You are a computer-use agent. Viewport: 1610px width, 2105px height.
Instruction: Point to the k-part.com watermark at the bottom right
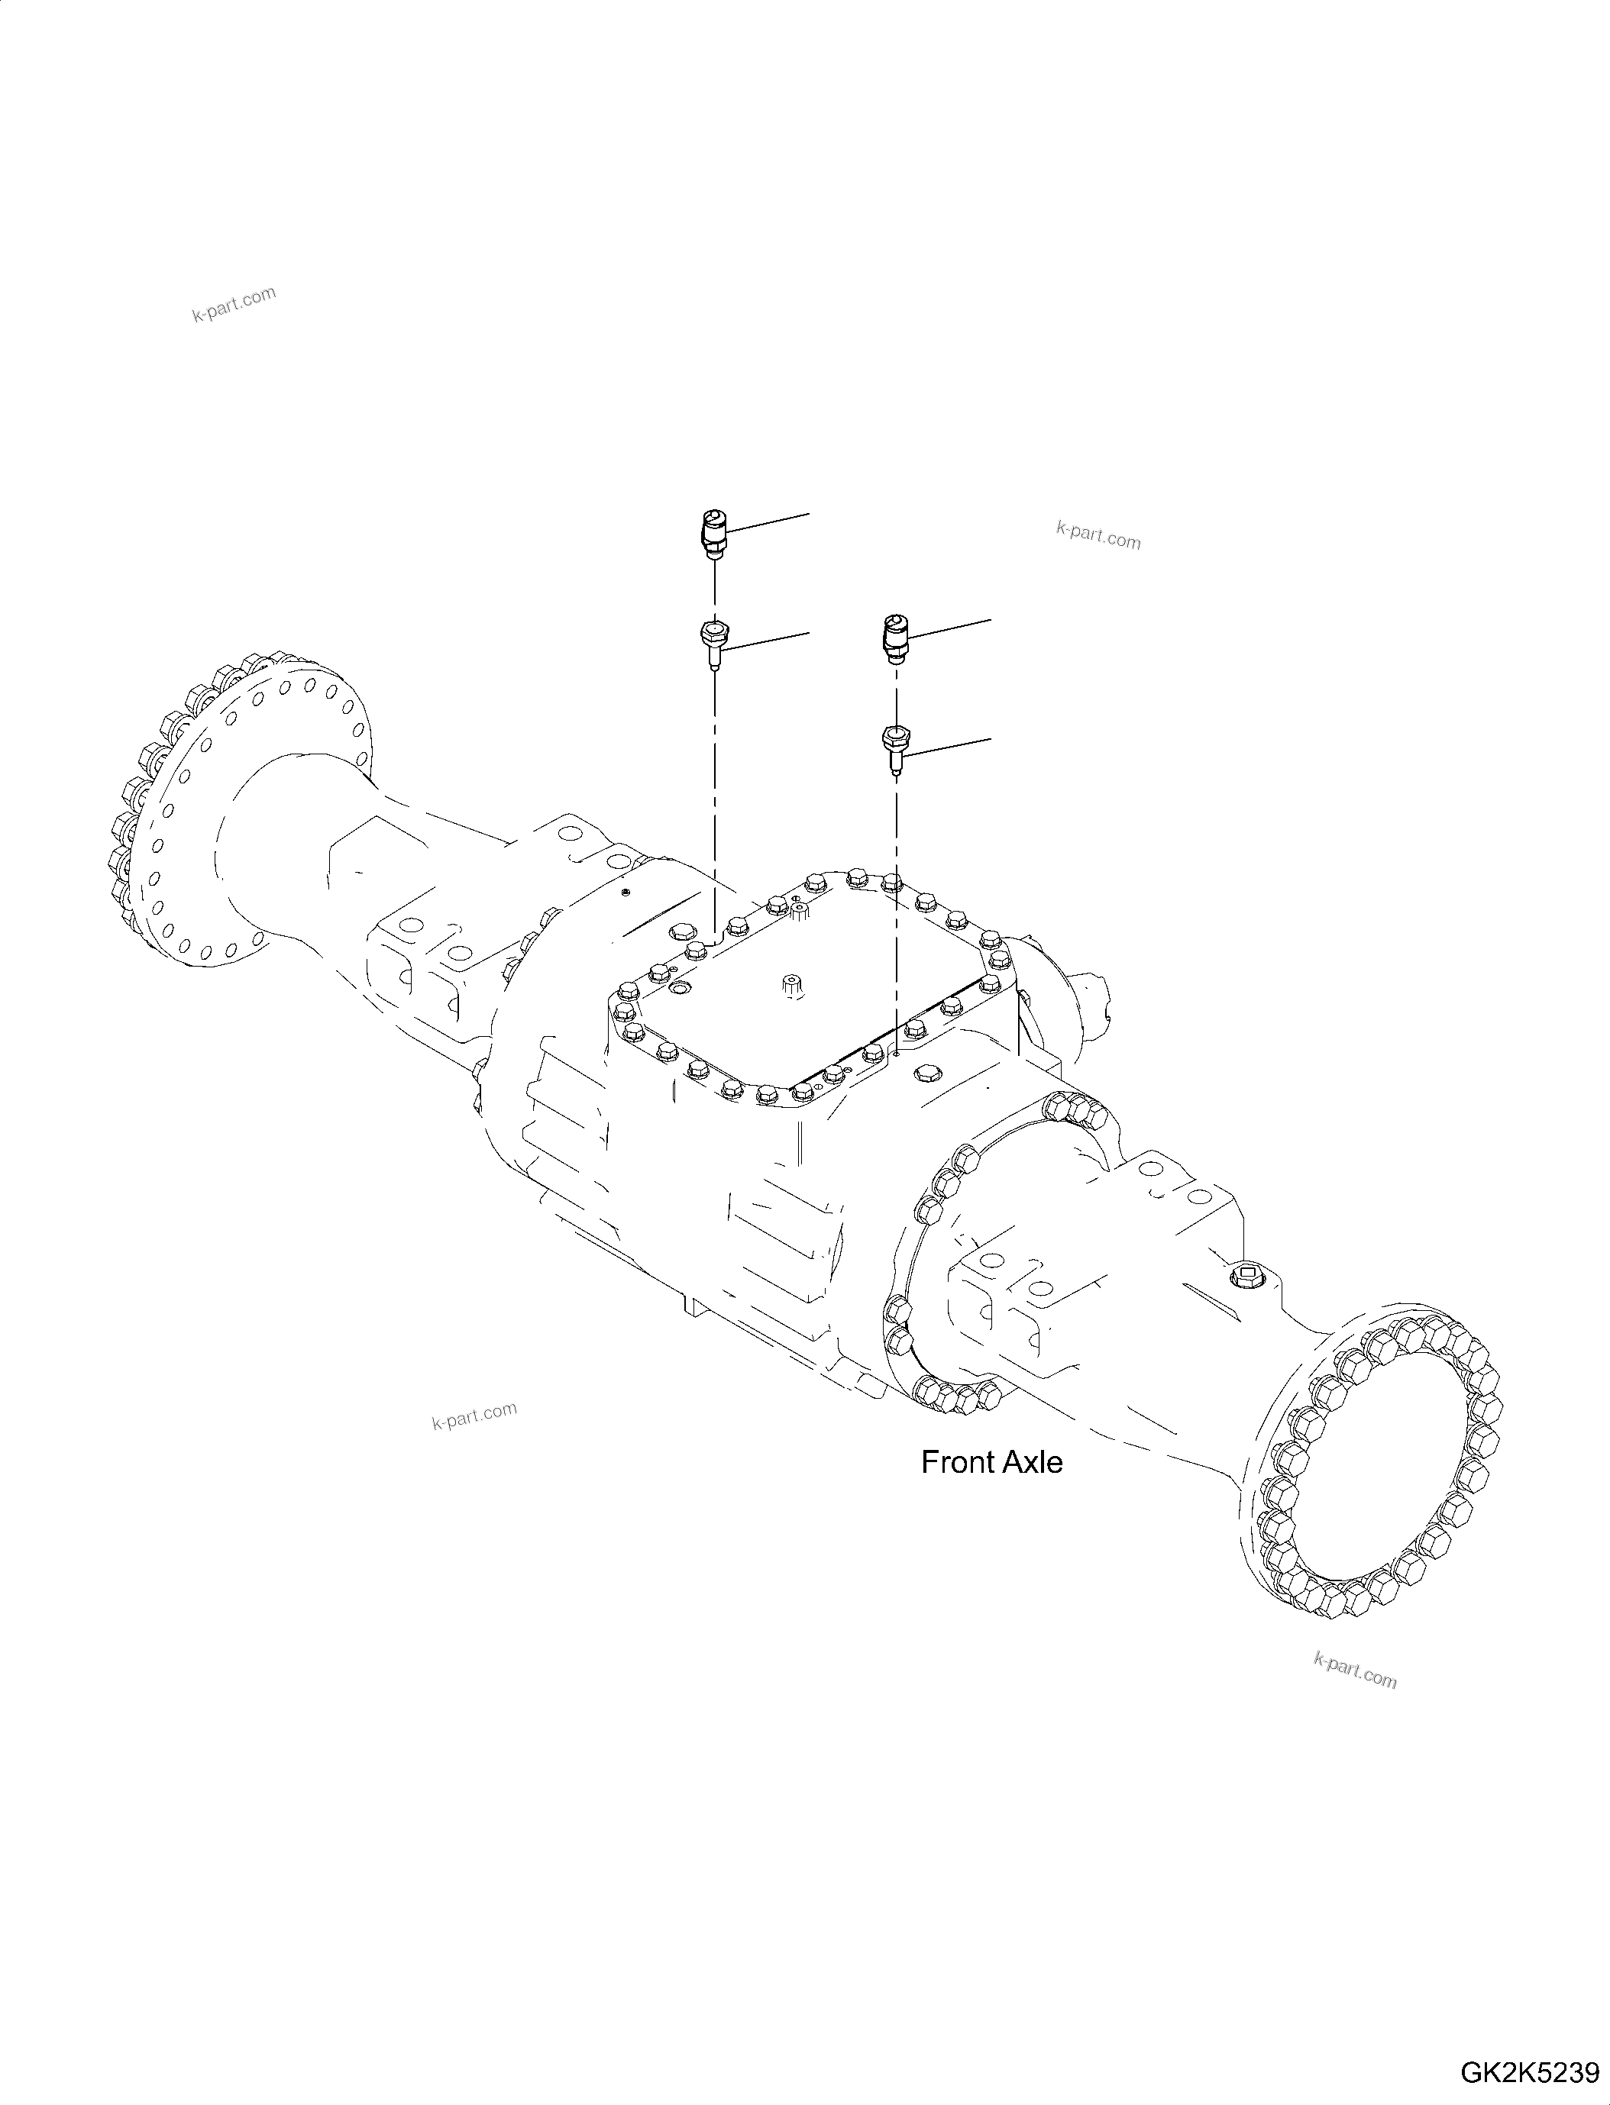tap(1355, 1672)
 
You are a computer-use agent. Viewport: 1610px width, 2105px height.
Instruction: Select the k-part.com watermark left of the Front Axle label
tap(474, 1415)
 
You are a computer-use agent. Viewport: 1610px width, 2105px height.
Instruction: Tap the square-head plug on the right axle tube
tap(1246, 1277)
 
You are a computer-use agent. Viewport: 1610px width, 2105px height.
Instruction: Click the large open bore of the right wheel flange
tap(1370, 1495)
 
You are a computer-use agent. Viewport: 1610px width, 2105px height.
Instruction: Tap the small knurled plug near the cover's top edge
tap(797, 913)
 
